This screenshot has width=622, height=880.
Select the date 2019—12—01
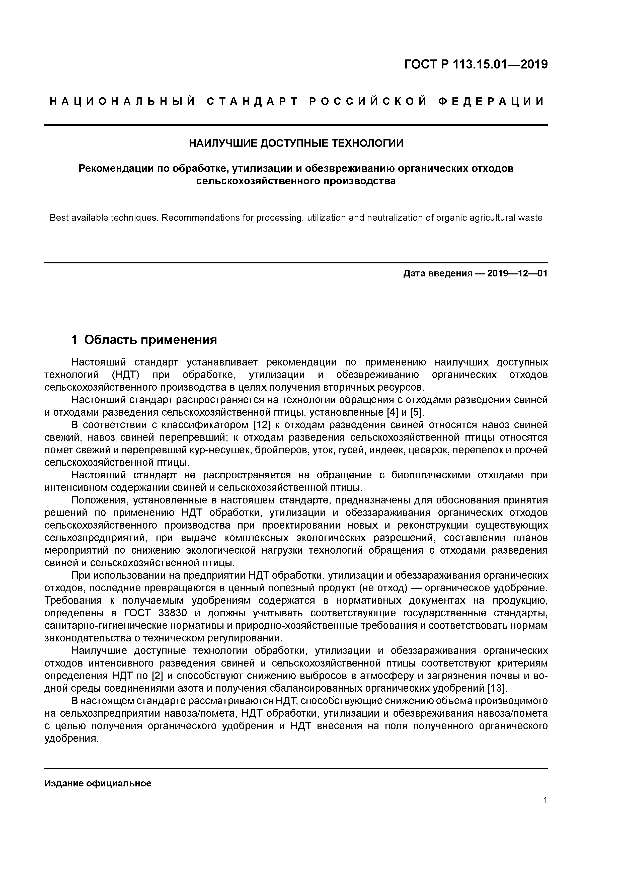click(517, 274)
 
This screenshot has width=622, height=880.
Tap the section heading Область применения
click(150, 340)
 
